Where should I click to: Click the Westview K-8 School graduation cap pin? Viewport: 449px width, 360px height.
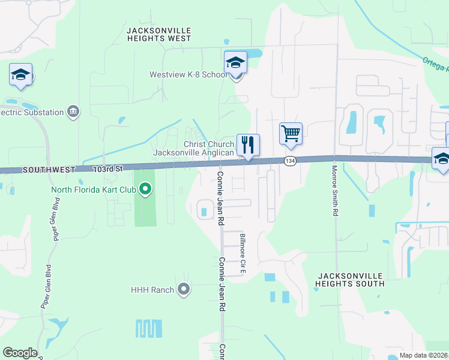pos(235,62)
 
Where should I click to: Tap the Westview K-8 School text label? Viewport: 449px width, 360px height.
pos(188,75)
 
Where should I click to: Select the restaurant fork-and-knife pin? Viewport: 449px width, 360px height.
pos(248,145)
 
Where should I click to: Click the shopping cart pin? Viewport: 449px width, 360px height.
pos(291,133)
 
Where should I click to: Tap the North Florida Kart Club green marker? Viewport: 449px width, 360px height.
pos(145,190)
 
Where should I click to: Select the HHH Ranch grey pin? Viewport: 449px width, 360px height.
pos(184,290)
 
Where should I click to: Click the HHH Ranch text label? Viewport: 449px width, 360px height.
pos(152,290)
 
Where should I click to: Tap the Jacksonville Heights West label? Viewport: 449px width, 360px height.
pos(159,34)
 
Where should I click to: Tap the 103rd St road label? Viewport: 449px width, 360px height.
pos(107,169)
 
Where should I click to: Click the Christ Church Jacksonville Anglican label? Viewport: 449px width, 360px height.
pos(193,149)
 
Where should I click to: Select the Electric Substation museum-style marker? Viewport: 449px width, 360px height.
pos(74,112)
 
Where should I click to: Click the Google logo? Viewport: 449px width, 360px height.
pos(20,353)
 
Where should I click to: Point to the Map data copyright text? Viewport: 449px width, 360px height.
pos(424,355)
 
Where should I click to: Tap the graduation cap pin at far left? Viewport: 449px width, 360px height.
pos(20,74)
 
